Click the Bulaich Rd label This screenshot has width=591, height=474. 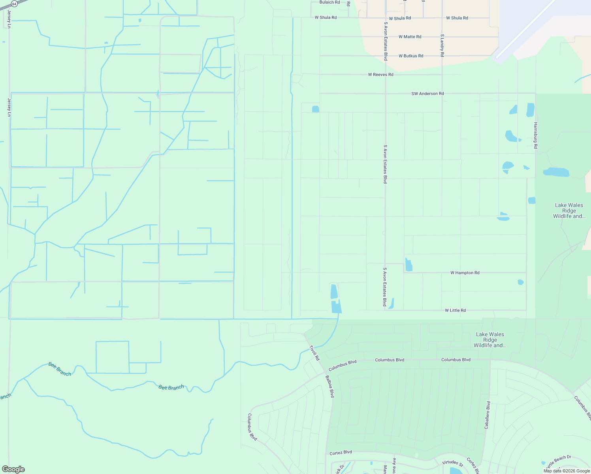coord(329,2)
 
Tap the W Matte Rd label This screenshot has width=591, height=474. coord(410,37)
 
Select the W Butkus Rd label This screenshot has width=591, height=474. coord(411,56)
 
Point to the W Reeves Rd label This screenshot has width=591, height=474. coord(380,75)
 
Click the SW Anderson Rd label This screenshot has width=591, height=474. coord(427,94)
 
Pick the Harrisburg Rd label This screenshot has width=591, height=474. coord(536,135)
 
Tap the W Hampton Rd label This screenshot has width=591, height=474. coord(465,273)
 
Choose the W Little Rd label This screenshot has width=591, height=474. coord(455,310)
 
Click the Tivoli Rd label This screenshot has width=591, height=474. coord(314,353)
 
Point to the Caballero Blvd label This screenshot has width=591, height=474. coord(488,415)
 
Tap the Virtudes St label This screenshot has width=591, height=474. coord(452,463)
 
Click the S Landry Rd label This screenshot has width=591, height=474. coord(442,45)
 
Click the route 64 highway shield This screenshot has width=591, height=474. coord(14,4)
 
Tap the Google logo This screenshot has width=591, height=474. coord(13,469)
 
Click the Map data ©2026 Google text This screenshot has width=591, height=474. coord(567,471)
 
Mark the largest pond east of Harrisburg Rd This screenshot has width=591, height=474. coord(556,172)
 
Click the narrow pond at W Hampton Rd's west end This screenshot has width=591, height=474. coord(408,265)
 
